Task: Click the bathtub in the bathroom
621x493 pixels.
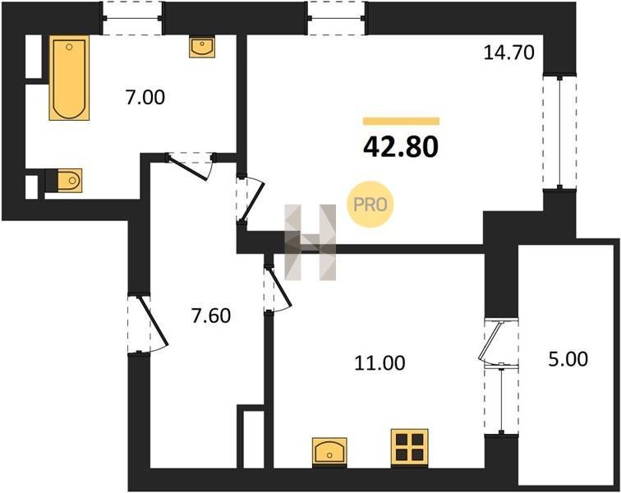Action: click(69, 78)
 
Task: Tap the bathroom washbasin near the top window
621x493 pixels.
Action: click(202, 47)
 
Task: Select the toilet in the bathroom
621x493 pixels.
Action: click(65, 181)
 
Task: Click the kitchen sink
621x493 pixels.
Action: click(329, 452)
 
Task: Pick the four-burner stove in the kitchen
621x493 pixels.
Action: click(410, 448)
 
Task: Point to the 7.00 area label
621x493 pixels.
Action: click(145, 98)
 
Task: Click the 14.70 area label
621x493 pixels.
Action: click(509, 53)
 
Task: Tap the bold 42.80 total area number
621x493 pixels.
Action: click(401, 146)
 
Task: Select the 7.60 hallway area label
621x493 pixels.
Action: click(210, 316)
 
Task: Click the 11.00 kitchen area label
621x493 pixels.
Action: click(379, 363)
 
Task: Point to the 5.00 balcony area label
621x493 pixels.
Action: click(568, 359)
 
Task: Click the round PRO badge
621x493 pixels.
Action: click(370, 205)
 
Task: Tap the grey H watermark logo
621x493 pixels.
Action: click(310, 242)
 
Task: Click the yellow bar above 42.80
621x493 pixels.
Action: click(401, 121)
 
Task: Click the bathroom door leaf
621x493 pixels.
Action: click(186, 168)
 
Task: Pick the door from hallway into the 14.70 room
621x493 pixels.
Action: click(252, 200)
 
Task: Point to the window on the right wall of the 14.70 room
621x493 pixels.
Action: click(559, 132)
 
